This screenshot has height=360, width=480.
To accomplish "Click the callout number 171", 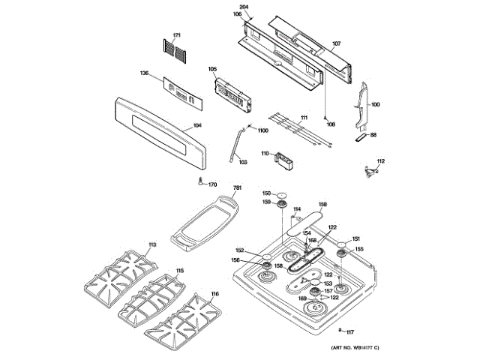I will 177,36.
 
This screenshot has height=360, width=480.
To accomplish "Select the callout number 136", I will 145,73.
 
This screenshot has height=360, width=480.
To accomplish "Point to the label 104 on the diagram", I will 197,125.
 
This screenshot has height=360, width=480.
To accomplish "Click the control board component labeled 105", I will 230,92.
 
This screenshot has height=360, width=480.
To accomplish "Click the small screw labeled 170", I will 201,181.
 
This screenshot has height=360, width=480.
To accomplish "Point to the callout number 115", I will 179,270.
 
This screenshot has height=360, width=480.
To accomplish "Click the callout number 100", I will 375,105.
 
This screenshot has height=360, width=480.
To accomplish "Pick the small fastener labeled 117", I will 341,331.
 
